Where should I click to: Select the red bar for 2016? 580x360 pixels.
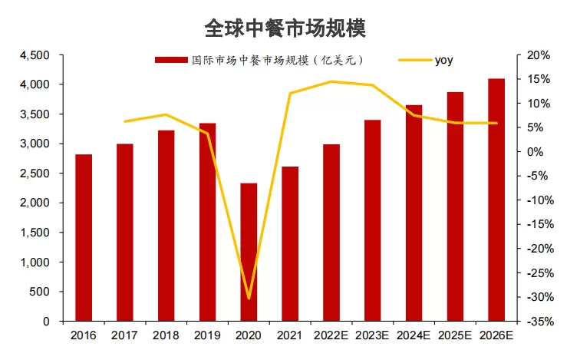coord(84,237)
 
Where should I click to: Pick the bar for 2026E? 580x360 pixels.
coord(496,200)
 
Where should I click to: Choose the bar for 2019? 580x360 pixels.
coord(207,222)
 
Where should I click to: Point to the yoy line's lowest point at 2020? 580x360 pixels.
coord(249,298)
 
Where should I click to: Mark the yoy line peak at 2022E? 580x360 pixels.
coord(331,81)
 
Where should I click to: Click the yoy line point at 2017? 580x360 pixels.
coord(125,121)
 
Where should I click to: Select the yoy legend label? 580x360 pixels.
coord(443,60)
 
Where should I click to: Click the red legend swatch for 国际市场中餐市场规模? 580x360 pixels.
coord(170,60)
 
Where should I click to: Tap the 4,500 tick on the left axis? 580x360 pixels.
coord(35,55)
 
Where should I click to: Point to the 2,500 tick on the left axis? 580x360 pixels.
coord(35,173)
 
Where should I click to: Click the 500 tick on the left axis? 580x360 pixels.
coord(40,292)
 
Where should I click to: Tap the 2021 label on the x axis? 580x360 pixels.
coord(290,335)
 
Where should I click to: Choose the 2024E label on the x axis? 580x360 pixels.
coord(414,335)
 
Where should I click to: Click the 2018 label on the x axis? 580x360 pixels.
coord(166,335)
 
